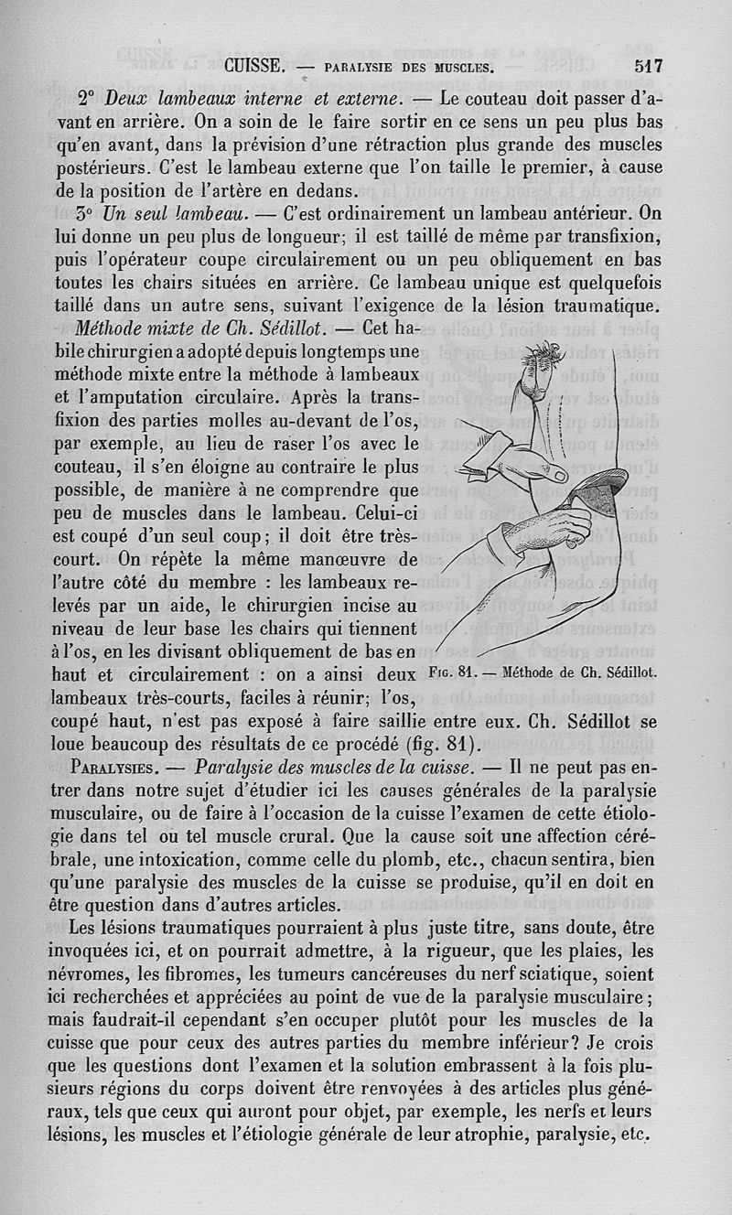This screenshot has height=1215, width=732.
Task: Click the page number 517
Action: (647, 66)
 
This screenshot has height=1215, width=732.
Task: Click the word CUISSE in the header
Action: (257, 67)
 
